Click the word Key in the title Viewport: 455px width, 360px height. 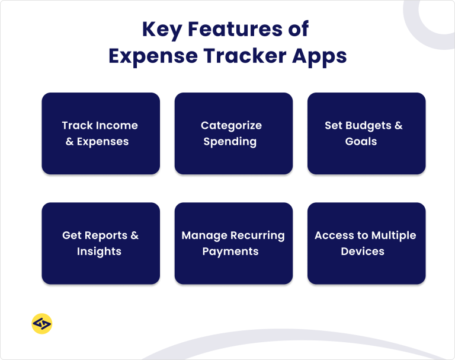tap(162, 29)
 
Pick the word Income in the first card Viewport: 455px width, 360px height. tap(116, 126)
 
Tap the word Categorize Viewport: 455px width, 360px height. tap(230, 126)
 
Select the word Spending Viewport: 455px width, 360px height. tap(230, 142)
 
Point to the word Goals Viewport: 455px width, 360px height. tap(361, 142)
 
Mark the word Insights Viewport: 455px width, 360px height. tap(99, 251)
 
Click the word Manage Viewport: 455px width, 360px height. tap(204, 235)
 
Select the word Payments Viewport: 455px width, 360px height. tap(230, 251)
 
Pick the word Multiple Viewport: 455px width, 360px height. tap(394, 235)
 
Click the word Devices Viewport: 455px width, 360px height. tap(363, 251)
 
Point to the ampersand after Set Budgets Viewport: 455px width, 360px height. tap(398, 126)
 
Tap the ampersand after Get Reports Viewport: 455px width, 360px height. tap(134, 235)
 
